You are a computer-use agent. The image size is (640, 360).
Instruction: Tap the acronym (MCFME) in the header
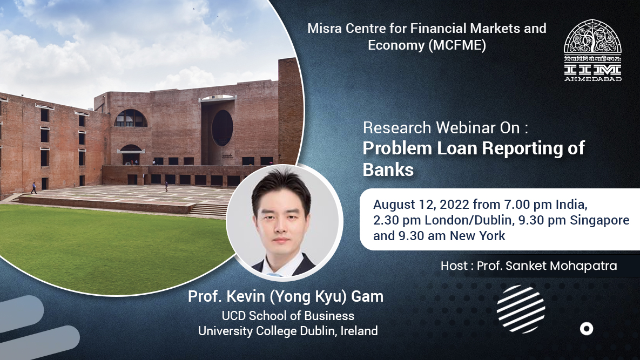point(457,46)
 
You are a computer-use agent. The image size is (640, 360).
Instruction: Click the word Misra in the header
point(323,28)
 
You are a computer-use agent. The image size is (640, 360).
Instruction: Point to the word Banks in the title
point(388,169)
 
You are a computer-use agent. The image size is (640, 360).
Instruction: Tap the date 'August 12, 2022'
point(421,205)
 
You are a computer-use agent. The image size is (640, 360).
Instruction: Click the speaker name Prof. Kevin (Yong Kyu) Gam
point(285,296)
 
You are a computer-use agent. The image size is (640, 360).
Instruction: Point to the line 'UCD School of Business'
point(288,316)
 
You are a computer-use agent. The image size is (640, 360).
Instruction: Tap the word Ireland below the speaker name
point(359,331)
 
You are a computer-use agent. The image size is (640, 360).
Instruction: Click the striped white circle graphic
point(521,309)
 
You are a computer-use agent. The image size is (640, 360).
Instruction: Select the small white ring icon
point(586,328)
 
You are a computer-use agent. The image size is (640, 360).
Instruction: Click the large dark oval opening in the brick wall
point(222,128)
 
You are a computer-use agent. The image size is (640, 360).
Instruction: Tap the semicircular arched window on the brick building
point(130,118)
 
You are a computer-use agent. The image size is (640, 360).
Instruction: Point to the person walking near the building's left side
point(33,188)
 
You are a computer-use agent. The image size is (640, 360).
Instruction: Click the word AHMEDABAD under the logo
point(592,78)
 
